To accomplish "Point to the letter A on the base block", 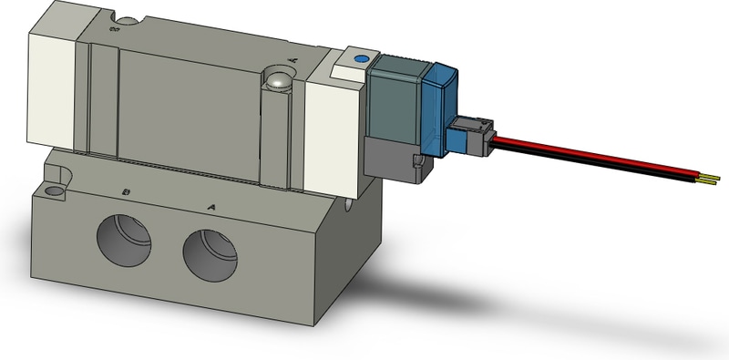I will point(211,207).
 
